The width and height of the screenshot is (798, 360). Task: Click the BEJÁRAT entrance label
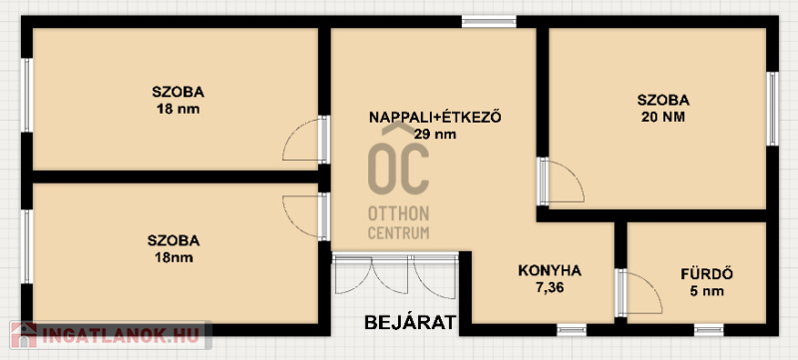411,322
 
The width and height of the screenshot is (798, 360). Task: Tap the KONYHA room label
550,270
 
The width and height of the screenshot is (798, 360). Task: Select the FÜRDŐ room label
707,274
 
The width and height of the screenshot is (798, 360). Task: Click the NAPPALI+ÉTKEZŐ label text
435,117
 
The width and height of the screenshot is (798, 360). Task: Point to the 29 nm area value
435,135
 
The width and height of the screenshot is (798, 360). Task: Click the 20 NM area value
663,117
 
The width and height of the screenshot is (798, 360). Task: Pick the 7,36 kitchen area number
550,288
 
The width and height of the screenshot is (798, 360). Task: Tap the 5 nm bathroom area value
707,291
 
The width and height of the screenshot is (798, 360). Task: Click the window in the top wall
489,22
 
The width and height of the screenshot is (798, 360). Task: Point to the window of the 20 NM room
772,109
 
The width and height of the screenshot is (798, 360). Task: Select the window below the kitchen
572,329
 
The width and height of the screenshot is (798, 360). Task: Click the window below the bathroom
709,329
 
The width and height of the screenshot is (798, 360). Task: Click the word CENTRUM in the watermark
398,233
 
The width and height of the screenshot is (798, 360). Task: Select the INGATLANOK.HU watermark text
121,336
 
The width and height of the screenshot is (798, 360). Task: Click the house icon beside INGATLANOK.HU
24,335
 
